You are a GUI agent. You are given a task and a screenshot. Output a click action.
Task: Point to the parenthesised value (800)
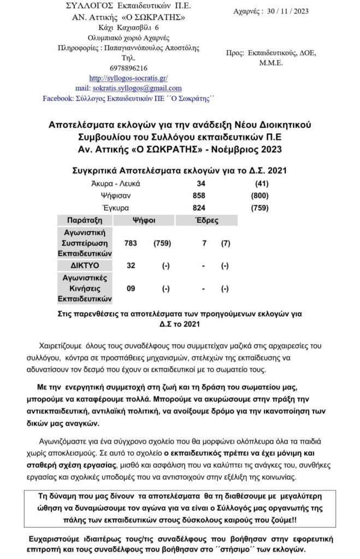click(x=259, y=195)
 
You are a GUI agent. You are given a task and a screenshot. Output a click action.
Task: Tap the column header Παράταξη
click(x=85, y=221)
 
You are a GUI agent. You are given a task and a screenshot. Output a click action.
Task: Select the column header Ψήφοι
click(x=145, y=221)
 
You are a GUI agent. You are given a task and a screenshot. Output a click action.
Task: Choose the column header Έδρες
click(x=207, y=221)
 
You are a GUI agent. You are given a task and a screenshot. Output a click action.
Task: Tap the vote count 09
click(x=131, y=288)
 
